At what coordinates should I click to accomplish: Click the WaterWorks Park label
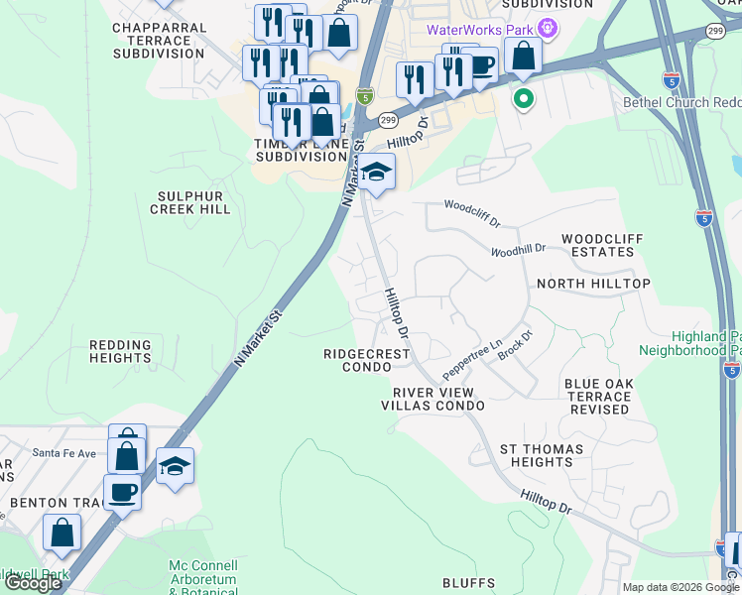[480, 29]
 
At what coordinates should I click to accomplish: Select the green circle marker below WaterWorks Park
[522, 98]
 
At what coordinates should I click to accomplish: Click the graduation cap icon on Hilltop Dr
[374, 174]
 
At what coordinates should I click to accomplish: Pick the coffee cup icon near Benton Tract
[123, 491]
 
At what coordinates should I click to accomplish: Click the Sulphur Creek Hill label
[189, 202]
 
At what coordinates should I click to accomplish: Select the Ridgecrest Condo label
[363, 360]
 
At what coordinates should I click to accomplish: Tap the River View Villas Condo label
[433, 399]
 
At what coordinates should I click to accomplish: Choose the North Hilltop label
[593, 284]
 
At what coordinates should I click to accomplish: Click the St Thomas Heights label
[536, 456]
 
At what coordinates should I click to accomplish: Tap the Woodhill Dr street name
[519, 250]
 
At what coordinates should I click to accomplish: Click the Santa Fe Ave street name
[63, 453]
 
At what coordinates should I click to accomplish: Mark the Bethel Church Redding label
[680, 102]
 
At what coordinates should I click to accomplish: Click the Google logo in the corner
[33, 583]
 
